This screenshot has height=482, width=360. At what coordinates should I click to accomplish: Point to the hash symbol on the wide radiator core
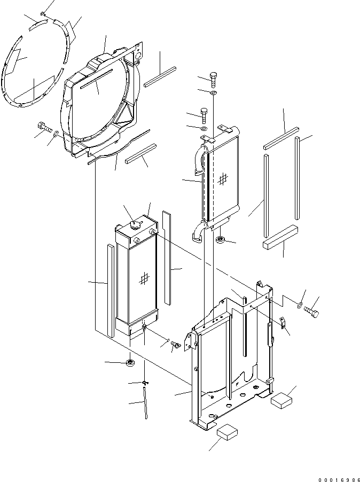(x=143, y=278)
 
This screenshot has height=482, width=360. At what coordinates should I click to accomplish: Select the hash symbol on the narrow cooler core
(x=222, y=180)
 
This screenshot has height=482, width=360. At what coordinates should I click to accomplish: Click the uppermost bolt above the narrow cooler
(x=214, y=79)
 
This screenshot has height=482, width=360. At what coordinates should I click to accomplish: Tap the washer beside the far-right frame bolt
(x=300, y=307)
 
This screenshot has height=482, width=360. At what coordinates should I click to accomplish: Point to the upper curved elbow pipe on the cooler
(x=198, y=160)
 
